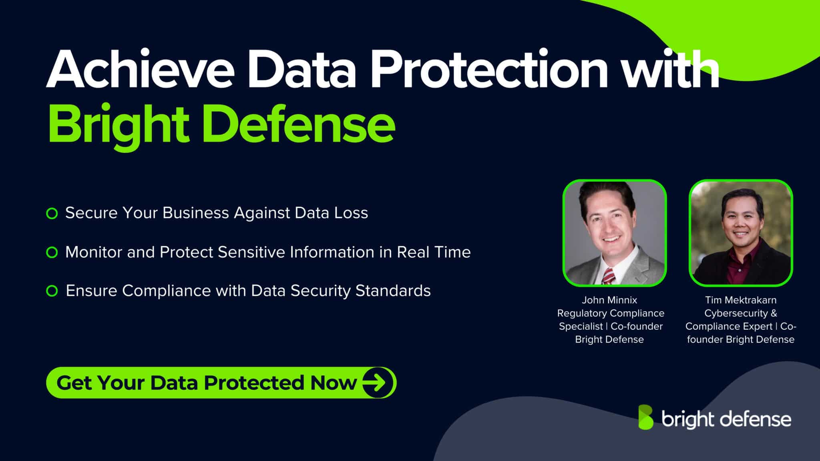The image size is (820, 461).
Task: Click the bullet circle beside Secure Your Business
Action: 52,213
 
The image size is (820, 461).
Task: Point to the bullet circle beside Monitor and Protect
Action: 52,253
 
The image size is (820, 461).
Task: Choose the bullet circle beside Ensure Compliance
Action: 52,291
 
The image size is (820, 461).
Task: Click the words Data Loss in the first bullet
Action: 331,213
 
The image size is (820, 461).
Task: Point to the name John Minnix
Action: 609,300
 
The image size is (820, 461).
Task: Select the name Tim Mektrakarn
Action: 741,300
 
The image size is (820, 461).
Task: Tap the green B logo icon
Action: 645,417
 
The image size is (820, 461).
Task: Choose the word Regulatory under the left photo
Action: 580,313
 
